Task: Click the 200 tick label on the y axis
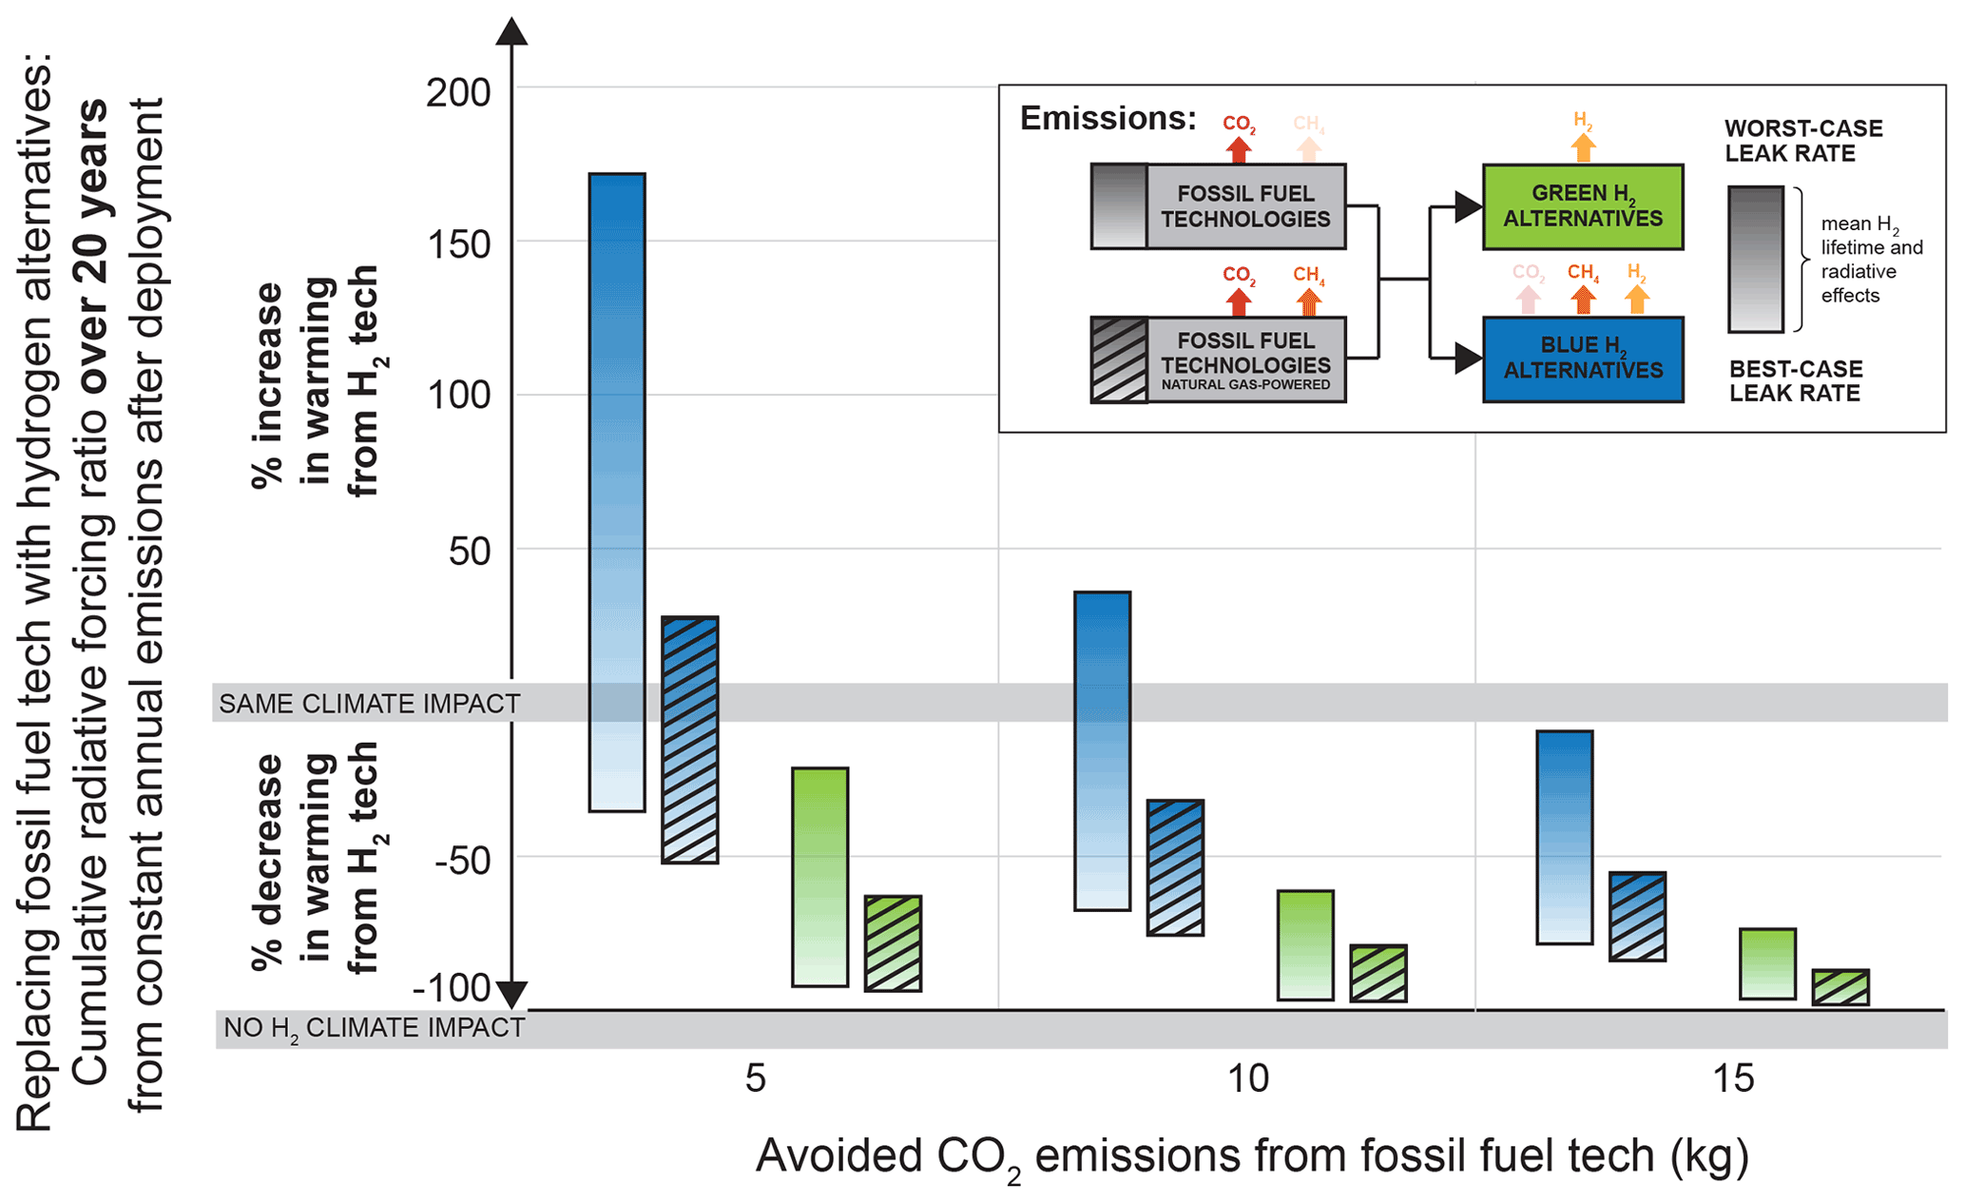coord(458,93)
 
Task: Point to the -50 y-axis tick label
coord(463,861)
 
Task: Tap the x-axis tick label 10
coord(1247,1079)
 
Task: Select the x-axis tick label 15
coord(1732,1079)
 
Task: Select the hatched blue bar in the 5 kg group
coord(690,740)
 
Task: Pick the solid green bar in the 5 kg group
coord(819,877)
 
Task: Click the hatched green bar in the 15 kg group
coord(1840,987)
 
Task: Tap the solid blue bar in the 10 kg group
coord(1103,751)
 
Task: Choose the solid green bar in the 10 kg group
coord(1305,945)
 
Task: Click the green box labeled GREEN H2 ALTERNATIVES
coord(1583,207)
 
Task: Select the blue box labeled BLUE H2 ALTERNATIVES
coord(1583,359)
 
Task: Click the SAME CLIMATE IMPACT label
coord(370,704)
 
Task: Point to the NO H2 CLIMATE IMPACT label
coord(374,1028)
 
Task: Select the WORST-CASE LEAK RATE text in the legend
coord(1802,141)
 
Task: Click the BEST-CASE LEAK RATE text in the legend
coord(1795,381)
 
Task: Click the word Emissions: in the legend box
coord(1108,118)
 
